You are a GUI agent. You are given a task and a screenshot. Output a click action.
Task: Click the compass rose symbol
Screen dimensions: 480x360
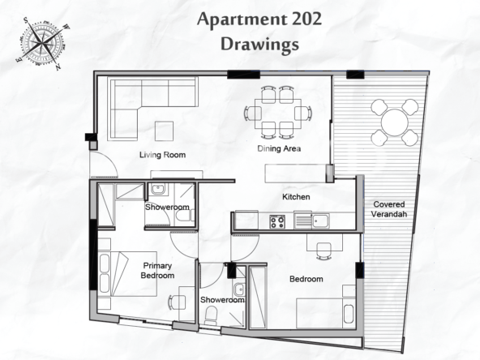(x=43, y=43)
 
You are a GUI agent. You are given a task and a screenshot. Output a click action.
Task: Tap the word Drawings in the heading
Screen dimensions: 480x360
(x=259, y=44)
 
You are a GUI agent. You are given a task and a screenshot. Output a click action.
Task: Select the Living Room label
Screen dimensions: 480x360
(x=162, y=155)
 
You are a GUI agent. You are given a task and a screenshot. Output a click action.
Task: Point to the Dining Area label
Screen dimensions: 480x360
(x=279, y=148)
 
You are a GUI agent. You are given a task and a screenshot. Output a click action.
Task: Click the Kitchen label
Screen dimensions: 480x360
(x=296, y=197)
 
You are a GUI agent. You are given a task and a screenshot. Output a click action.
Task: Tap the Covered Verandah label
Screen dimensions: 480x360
(x=388, y=209)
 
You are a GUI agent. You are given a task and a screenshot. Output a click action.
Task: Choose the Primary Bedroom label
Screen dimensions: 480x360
(x=157, y=270)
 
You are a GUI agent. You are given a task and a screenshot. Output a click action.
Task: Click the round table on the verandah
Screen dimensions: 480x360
(x=395, y=122)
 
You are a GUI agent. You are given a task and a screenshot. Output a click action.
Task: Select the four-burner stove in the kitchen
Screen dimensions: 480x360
(x=277, y=221)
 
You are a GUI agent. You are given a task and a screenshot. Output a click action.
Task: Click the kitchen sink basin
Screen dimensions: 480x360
(x=320, y=221)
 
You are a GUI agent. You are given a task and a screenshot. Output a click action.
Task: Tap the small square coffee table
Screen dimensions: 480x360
(x=164, y=131)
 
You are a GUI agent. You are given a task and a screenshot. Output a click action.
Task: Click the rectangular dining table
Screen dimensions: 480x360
(x=278, y=114)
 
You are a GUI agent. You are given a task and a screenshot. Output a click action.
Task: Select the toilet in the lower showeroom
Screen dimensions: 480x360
(x=211, y=315)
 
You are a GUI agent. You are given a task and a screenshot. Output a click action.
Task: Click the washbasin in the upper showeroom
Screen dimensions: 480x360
(x=157, y=190)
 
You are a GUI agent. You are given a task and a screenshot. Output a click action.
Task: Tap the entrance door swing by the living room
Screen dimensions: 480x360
(x=104, y=165)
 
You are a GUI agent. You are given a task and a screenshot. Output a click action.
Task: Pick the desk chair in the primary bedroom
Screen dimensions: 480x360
(x=176, y=302)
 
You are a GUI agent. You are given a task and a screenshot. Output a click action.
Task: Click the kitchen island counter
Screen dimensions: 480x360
(x=296, y=174)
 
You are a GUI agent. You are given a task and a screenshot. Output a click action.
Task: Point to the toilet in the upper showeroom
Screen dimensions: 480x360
(x=183, y=216)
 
